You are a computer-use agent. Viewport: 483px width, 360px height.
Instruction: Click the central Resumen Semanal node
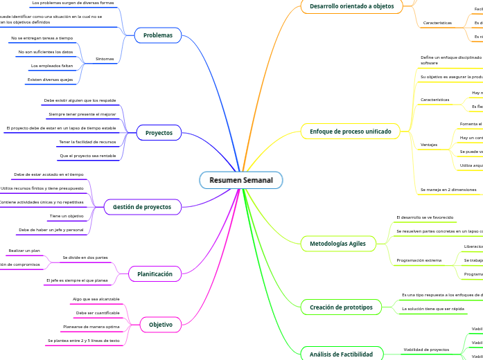point(241,180)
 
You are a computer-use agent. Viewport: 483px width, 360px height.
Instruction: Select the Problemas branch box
point(158,35)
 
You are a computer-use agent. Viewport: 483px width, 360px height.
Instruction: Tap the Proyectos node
point(159,132)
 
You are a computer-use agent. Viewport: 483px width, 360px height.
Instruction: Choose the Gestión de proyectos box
point(142,206)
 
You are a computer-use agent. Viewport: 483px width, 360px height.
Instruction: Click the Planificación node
point(155,274)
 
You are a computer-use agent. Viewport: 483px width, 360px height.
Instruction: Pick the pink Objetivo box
point(161,324)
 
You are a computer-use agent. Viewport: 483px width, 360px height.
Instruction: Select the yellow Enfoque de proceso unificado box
point(350,132)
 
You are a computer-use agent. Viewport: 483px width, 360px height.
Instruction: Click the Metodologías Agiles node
point(338,243)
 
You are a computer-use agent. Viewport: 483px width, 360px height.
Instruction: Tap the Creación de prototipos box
point(341,307)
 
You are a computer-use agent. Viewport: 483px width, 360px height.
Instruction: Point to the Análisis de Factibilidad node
point(341,354)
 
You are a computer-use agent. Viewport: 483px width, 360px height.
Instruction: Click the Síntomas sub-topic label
point(105,60)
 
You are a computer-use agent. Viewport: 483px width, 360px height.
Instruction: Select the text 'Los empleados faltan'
point(52,66)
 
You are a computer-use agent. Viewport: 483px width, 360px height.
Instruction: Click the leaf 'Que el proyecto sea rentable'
point(88,156)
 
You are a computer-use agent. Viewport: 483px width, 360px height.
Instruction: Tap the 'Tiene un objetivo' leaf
point(67,217)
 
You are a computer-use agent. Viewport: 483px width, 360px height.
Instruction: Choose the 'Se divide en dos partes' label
point(85,258)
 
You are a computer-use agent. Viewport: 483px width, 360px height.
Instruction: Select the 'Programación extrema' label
point(419,260)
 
